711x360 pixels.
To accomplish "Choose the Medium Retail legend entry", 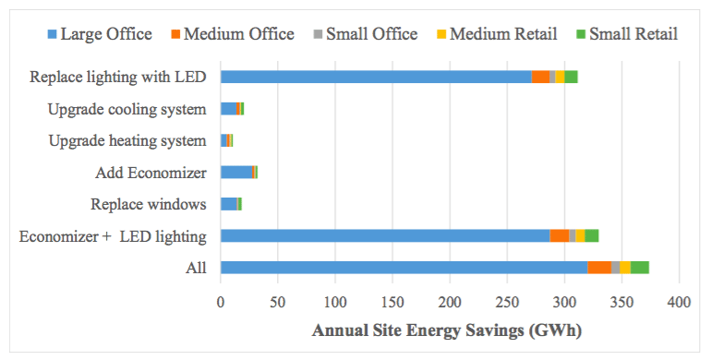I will (493, 34).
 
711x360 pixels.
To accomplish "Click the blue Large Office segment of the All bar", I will (404, 268).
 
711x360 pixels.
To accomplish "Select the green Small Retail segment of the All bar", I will (639, 268).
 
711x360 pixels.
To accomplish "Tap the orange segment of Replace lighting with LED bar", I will (540, 77).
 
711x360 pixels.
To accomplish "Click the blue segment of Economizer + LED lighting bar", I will (385, 235).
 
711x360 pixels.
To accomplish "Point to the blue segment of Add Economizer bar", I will (235, 172).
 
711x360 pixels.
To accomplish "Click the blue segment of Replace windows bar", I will (228, 204).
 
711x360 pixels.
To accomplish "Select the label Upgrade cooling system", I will (127, 110).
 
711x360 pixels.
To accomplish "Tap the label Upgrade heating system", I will (127, 141).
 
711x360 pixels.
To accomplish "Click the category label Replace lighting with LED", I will (117, 78).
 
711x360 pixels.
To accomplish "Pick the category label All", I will (196, 269).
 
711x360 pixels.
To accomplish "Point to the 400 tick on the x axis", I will (679, 301).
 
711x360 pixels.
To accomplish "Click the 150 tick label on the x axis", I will (392, 301).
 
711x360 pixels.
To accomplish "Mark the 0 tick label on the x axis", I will (221, 301).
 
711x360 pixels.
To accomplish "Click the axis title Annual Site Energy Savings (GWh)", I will (447, 330).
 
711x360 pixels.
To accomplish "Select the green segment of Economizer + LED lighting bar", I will (592, 235).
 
